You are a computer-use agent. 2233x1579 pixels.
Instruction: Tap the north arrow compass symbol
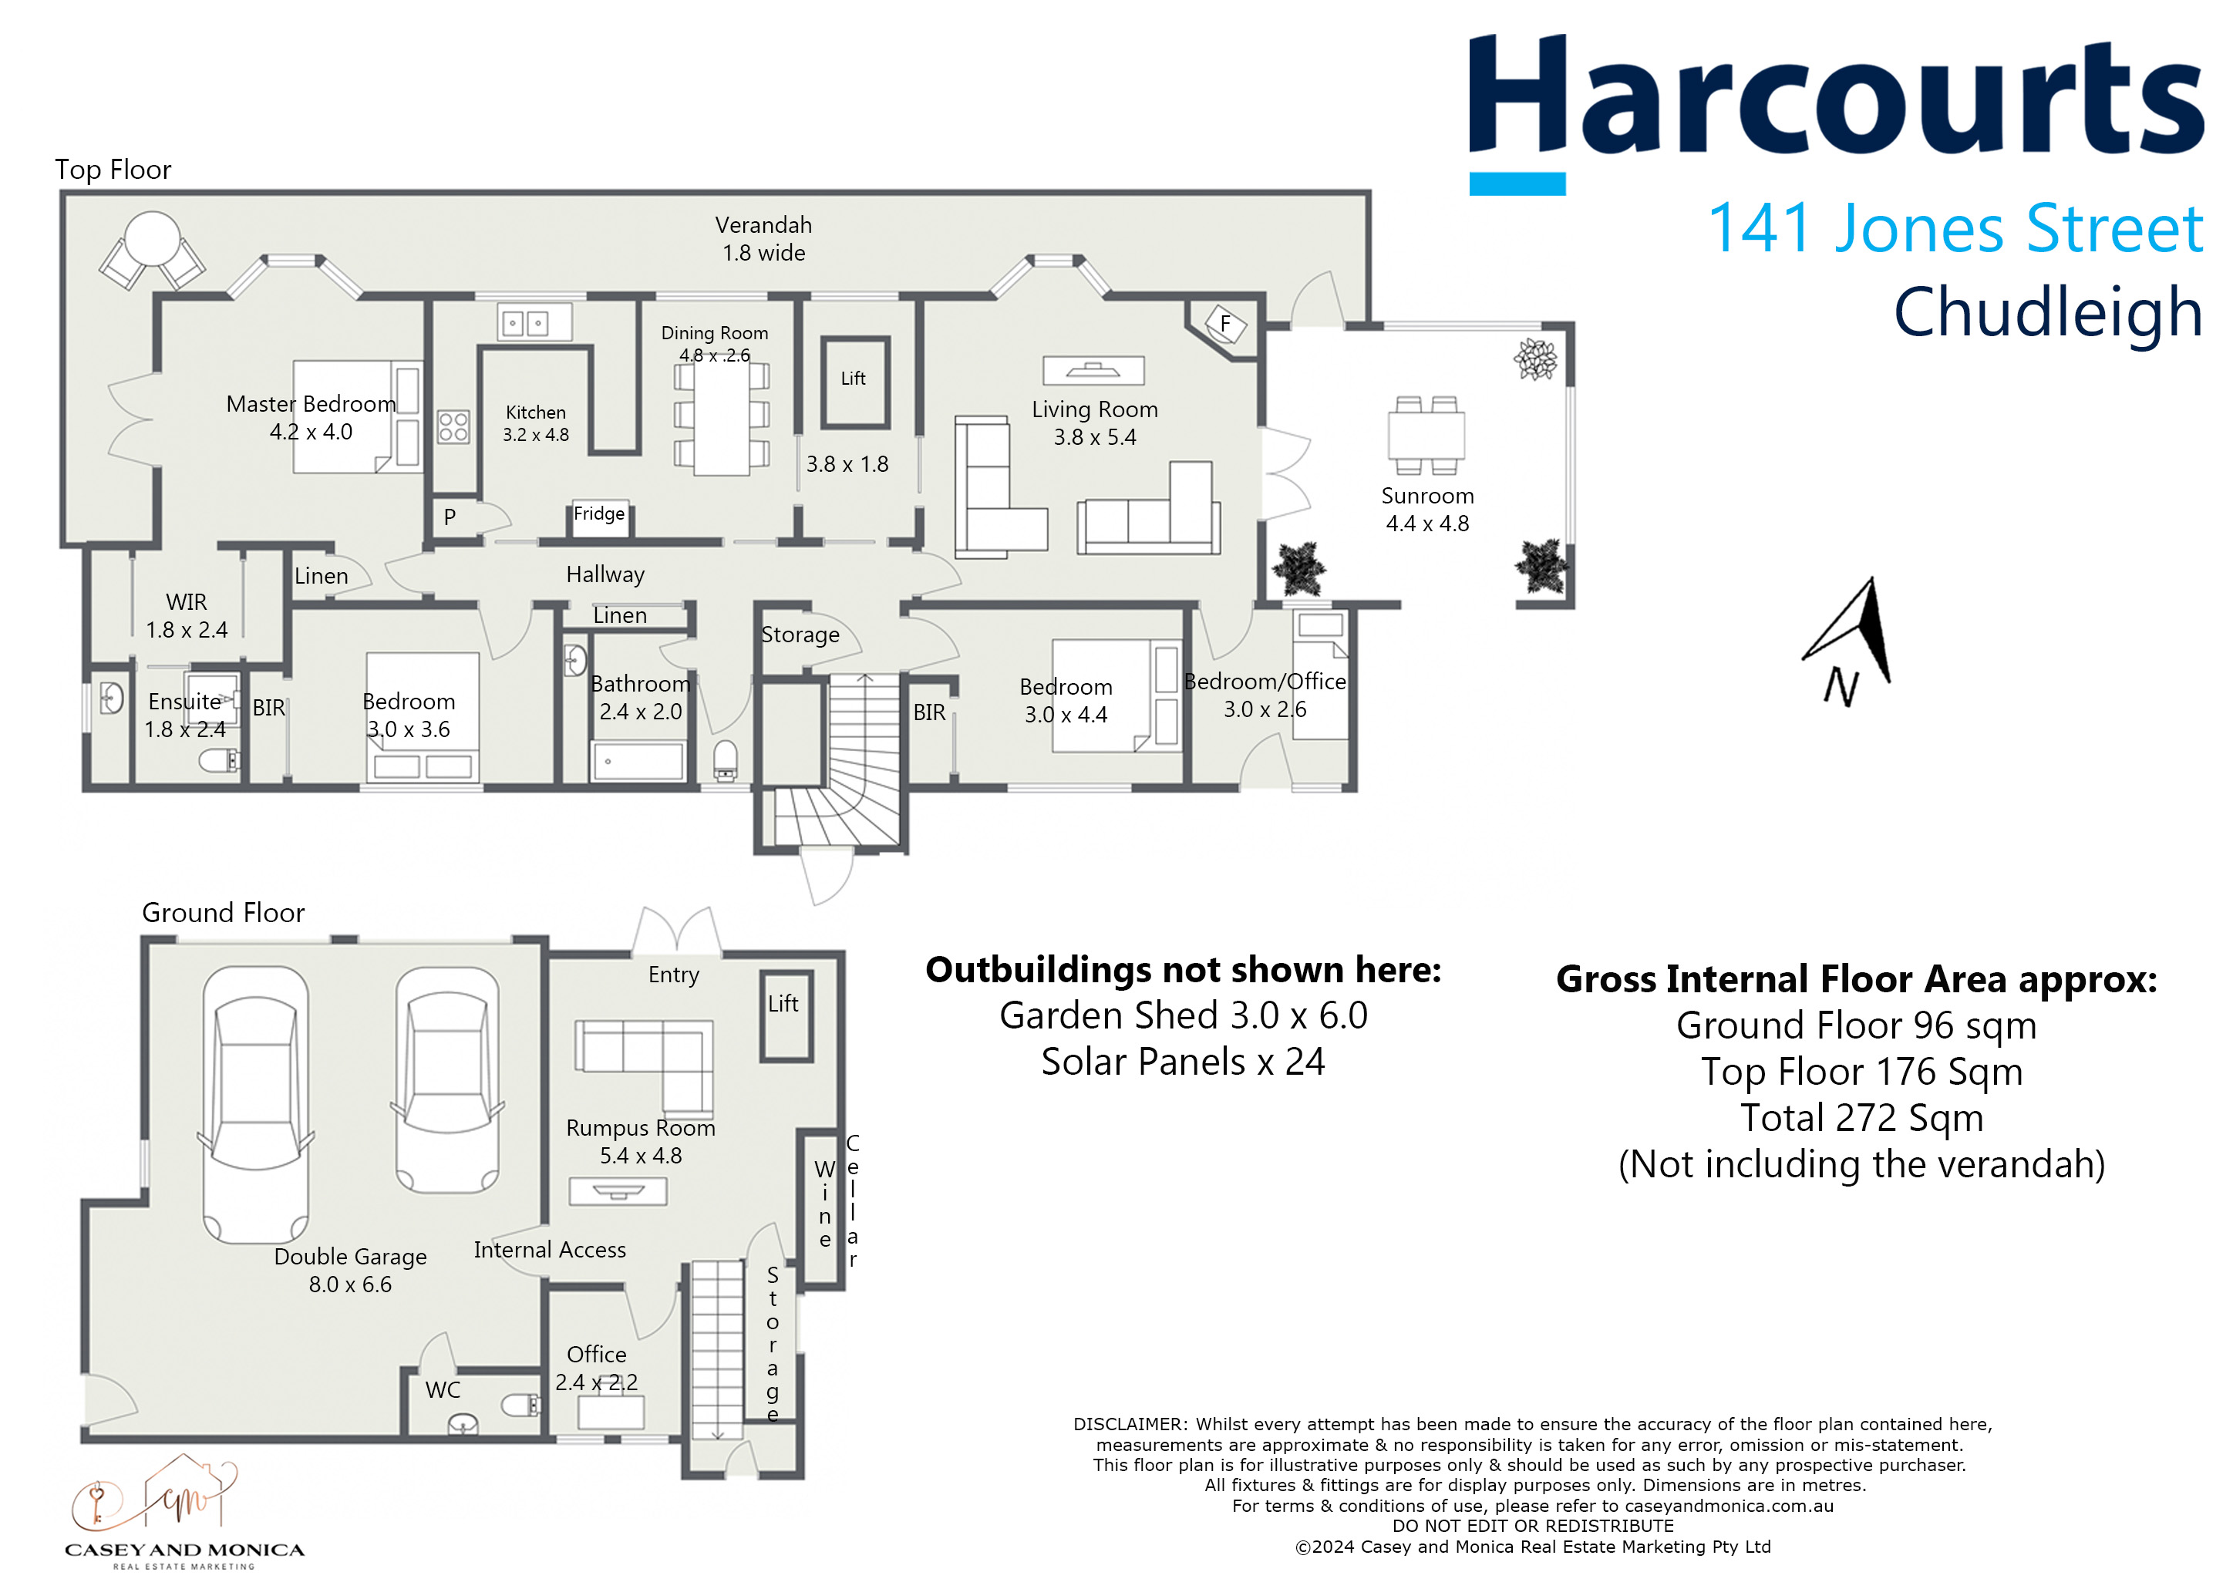1848,641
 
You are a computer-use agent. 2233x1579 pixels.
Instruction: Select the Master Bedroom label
312,403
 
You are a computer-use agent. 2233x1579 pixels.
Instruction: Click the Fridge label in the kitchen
599,513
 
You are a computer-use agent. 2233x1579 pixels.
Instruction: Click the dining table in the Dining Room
722,417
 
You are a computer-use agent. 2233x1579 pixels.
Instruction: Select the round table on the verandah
153,239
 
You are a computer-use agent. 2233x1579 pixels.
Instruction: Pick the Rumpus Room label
641,1128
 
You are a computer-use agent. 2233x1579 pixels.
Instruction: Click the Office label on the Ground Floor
596,1355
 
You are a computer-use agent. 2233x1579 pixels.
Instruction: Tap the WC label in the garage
443,1390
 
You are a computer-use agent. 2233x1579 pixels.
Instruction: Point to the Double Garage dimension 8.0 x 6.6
350,1284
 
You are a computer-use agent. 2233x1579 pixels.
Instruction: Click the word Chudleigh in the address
2047,312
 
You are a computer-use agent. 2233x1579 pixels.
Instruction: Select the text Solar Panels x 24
1183,1062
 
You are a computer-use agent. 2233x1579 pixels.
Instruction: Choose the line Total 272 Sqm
1861,1118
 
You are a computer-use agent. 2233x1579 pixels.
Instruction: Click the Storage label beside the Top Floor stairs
800,635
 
